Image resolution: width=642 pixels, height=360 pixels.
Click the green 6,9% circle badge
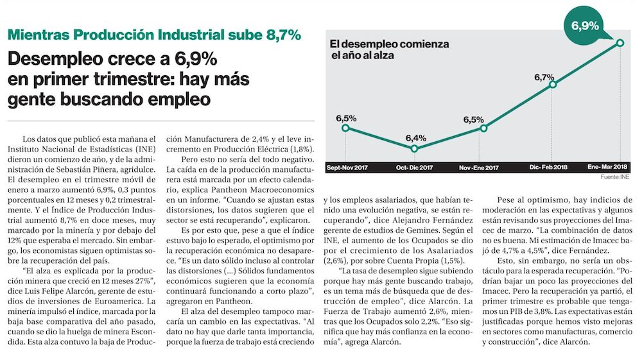pos(585,26)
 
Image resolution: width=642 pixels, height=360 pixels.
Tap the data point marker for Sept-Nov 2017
pos(346,128)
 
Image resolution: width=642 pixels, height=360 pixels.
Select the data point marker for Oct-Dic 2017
pos(414,148)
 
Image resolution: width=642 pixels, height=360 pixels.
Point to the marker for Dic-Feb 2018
pos(552,84)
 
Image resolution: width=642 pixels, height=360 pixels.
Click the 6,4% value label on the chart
pos(415,137)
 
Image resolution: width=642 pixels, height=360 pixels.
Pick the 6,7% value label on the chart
pos(544,76)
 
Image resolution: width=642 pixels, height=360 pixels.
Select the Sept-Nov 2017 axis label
pos(347,167)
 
